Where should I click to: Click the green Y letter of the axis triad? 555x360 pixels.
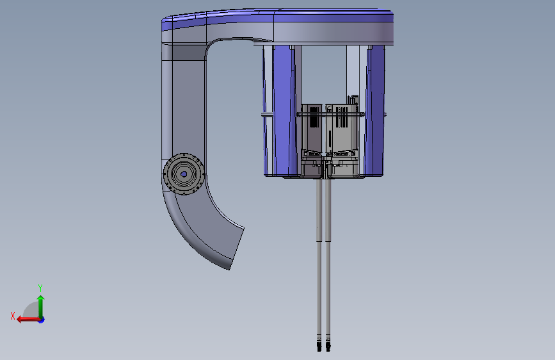pos(40,288)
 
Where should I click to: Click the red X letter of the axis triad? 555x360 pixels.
pos(13,316)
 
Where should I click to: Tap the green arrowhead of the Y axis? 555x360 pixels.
pos(41,298)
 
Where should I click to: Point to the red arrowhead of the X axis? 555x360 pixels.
pos(20,320)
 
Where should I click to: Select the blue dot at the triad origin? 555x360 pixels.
pos(42,320)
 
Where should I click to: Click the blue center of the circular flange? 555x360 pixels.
pos(184,174)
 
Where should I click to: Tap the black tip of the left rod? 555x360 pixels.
pos(319,348)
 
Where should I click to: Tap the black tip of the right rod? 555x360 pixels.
pos(328,348)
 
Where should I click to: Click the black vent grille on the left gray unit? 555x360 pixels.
pos(314,117)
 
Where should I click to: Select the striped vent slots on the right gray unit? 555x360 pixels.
pos(342,117)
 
